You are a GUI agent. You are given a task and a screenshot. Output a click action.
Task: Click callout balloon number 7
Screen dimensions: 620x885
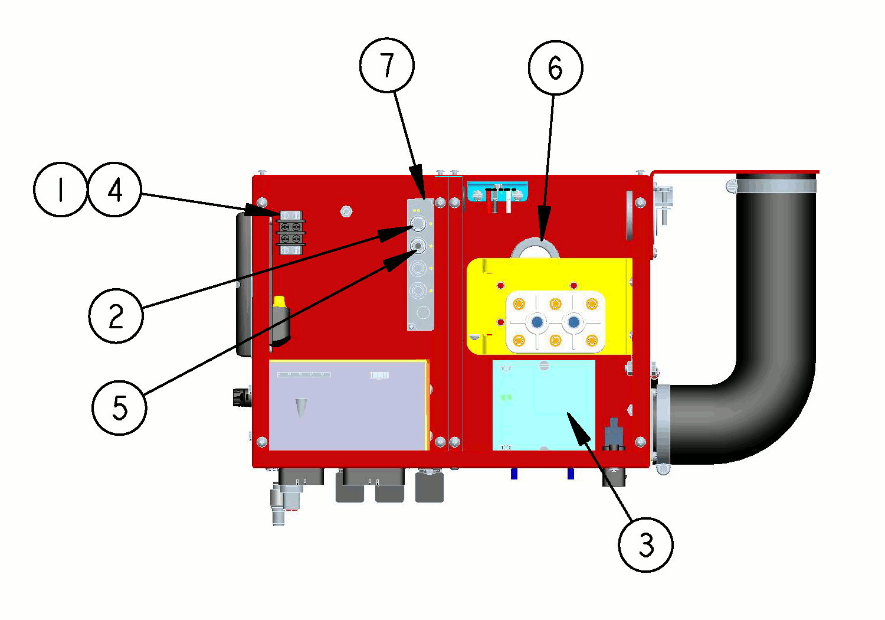[387, 65]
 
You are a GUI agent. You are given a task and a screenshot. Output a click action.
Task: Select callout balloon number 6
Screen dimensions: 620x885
[555, 67]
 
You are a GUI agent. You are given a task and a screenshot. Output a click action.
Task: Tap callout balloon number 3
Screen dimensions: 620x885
[645, 544]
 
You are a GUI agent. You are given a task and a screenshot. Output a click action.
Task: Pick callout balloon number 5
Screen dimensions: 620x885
[119, 407]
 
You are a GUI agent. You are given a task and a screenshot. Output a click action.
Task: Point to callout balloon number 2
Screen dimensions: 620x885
[116, 315]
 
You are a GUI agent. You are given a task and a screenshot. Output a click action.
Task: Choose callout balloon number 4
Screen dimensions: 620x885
[114, 190]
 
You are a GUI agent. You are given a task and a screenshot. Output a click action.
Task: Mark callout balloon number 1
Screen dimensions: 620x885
[60, 190]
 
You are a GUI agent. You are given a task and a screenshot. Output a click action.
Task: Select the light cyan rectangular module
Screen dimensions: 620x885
[543, 405]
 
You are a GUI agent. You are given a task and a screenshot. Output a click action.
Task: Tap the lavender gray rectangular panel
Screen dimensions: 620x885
[348, 405]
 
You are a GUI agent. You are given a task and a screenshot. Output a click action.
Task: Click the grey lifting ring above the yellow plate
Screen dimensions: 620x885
[535, 248]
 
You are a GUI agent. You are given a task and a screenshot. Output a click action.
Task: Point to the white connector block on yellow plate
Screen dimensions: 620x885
[555, 322]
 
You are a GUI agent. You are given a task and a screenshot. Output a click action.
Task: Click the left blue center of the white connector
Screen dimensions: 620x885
[537, 322]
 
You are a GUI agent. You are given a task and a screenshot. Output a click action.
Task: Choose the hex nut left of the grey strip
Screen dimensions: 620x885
[346, 210]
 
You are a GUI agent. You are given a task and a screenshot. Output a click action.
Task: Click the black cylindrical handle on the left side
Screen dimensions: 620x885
[244, 283]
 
